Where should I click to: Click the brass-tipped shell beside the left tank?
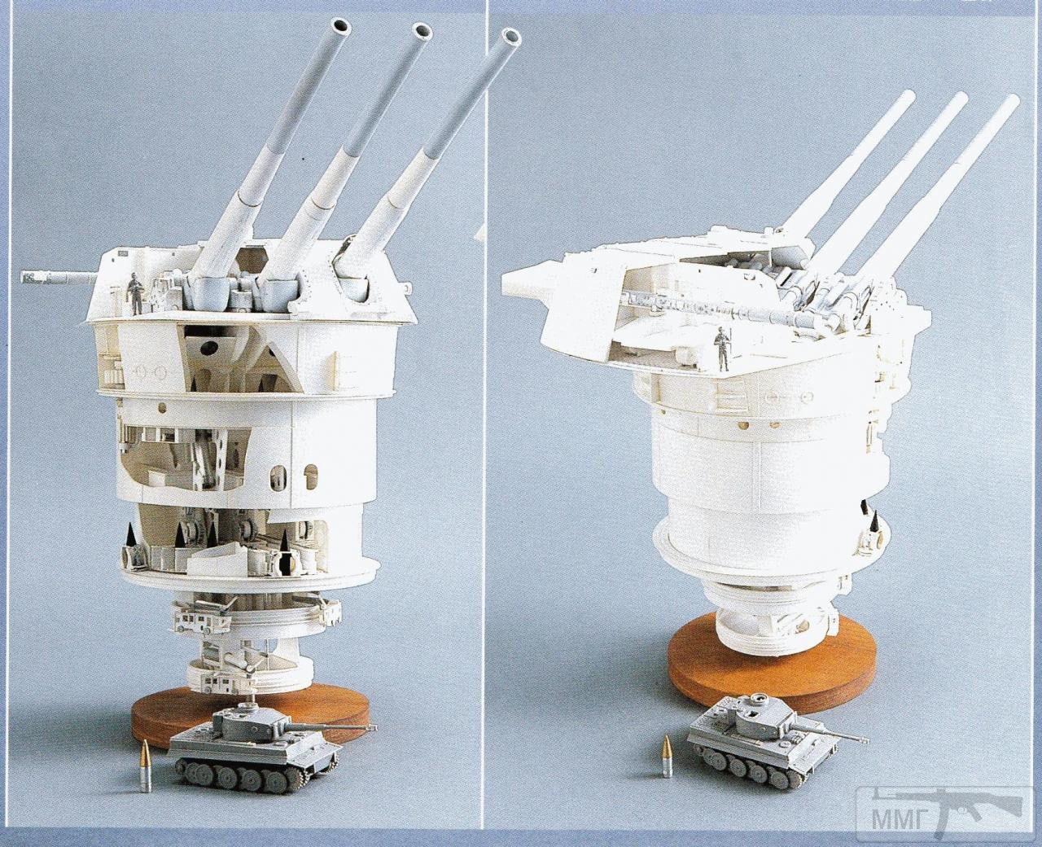coord(145,770)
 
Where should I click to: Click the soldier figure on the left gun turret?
coord(134,293)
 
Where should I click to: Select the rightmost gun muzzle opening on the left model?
coord(510,38)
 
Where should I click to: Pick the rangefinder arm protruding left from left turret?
coord(59,279)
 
